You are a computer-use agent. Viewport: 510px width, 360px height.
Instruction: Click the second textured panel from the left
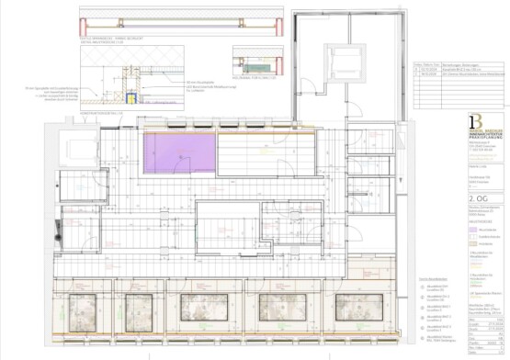pos(140,308)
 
